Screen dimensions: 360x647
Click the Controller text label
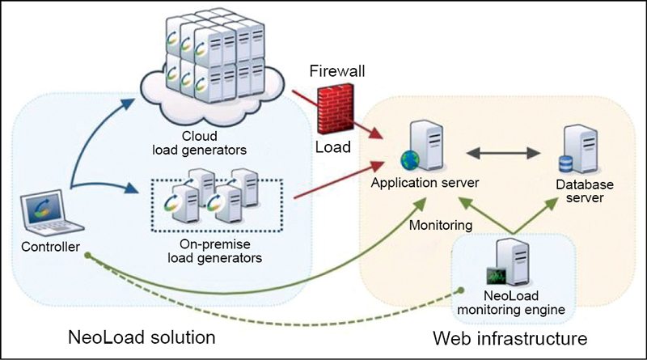click(x=47, y=247)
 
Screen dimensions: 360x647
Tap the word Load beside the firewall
click(x=333, y=148)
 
